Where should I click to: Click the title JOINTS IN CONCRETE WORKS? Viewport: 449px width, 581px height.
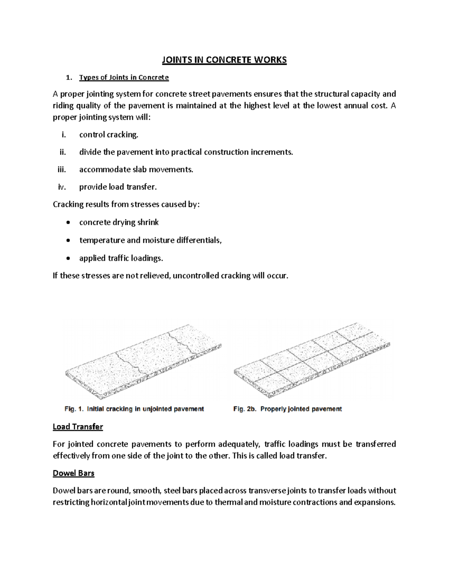pos(224,60)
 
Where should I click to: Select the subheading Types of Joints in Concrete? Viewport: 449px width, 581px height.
pos(124,77)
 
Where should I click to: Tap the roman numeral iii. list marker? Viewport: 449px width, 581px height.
pos(61,169)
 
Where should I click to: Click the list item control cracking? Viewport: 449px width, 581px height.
pos(109,135)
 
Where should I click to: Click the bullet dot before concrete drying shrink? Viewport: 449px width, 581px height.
pos(67,223)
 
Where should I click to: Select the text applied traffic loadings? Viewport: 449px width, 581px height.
pos(121,258)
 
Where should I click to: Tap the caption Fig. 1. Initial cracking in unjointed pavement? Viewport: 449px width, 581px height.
pos(134,409)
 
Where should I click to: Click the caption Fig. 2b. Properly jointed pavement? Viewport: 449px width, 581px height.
pos(287,409)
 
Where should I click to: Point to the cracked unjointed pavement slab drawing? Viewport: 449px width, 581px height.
pos(143,363)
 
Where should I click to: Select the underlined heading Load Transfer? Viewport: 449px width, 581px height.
pos(77,426)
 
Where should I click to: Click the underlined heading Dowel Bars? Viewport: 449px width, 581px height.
pos(73,473)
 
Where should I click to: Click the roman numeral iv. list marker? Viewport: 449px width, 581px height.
pos(62,187)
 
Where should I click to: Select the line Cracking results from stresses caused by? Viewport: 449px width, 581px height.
pos(126,204)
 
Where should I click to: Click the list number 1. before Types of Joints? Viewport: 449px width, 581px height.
pos(68,78)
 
